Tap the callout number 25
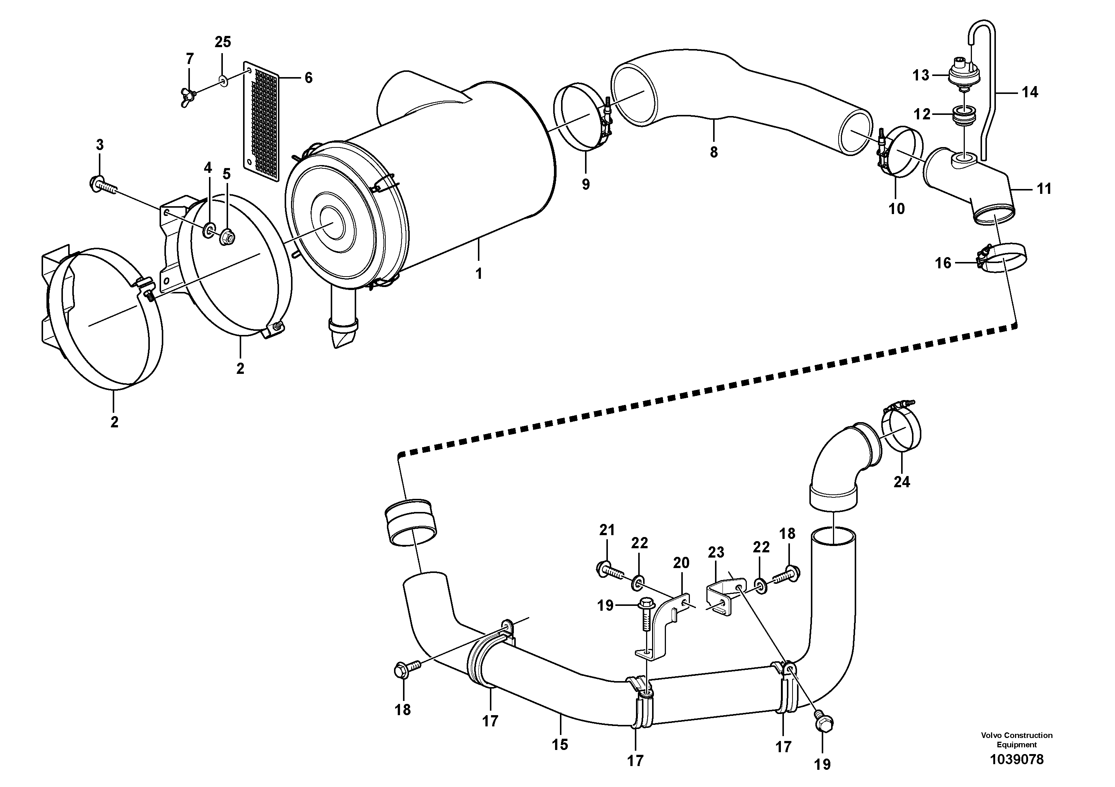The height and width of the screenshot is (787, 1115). coord(223,42)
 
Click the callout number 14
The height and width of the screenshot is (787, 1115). coord(1030,92)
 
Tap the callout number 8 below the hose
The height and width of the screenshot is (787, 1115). coord(713,152)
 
